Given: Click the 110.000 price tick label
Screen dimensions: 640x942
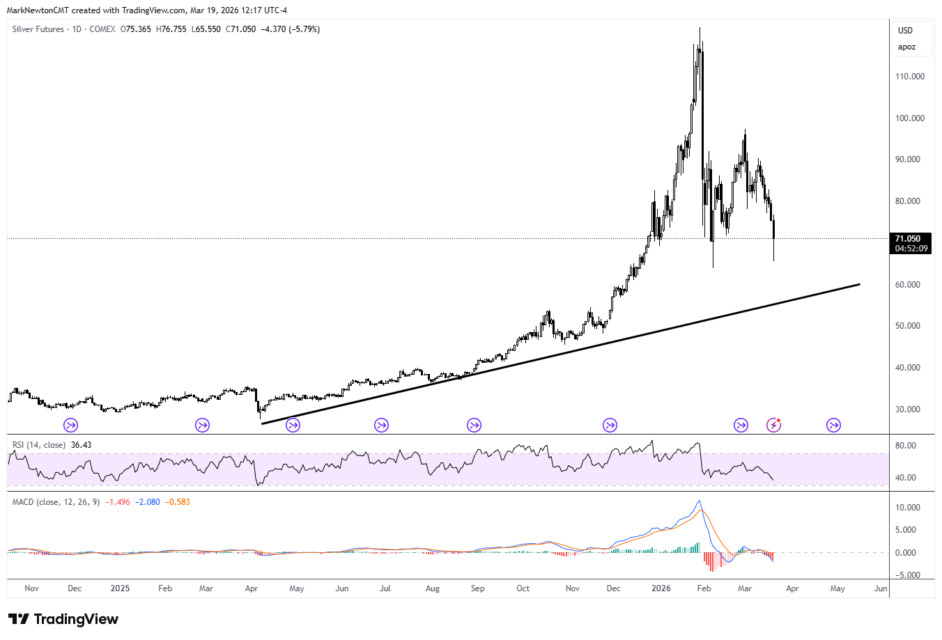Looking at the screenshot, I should click(909, 77).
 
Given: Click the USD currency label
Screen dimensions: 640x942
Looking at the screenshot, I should click(905, 31).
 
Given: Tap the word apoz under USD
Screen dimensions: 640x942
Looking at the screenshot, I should click(906, 47).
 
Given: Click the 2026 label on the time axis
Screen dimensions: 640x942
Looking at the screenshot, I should click(661, 588).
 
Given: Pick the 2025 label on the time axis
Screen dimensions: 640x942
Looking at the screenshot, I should click(120, 588).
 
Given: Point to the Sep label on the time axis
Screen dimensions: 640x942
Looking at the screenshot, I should click(477, 588).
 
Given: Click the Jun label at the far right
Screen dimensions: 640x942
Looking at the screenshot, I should click(881, 588).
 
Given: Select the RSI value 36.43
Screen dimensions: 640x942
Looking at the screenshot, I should click(81, 445).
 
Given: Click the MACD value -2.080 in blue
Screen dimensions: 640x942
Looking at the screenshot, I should click(147, 502).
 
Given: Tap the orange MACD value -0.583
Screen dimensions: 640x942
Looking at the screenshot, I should click(177, 502).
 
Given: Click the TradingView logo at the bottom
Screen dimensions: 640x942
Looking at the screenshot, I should click(63, 619).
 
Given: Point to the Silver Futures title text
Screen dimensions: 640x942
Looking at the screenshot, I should click(38, 29).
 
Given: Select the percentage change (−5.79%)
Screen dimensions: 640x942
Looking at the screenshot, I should click(304, 29).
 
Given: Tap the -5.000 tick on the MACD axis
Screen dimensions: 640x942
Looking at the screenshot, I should click(907, 575).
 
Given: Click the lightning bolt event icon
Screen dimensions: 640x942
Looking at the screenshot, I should click(773, 425).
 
